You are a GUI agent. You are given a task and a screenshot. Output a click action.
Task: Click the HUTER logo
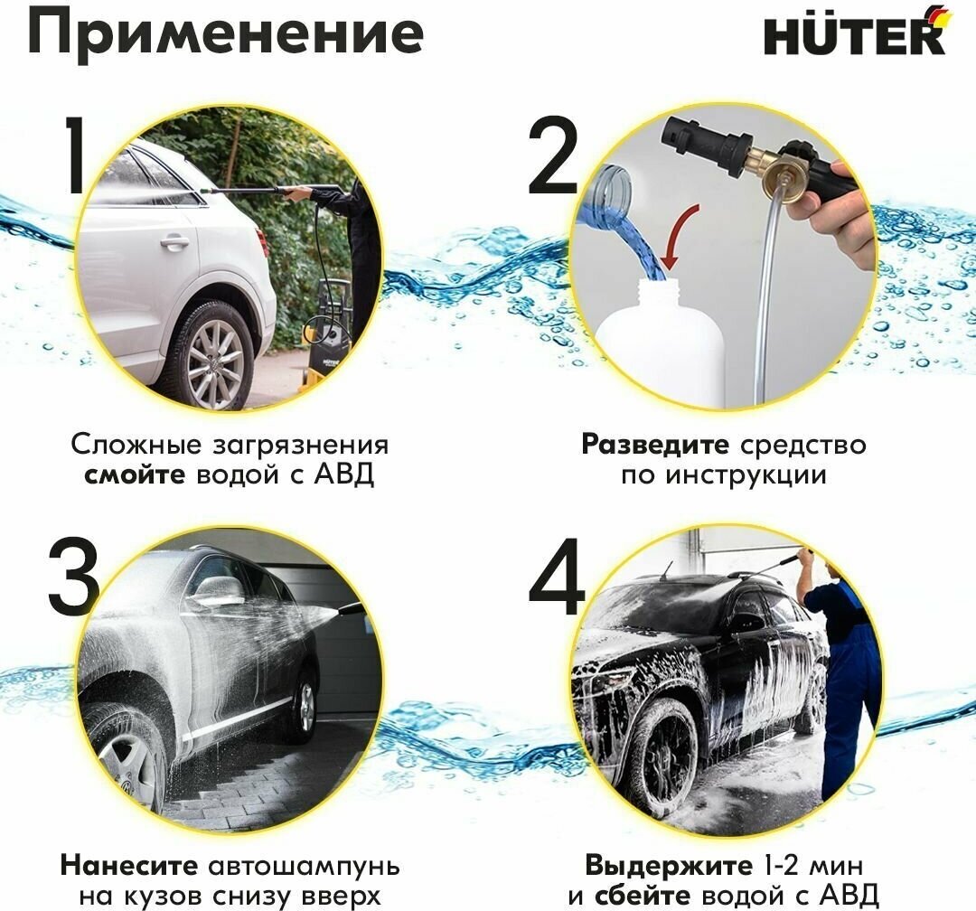(855, 31)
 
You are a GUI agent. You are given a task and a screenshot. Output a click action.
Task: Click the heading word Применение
(226, 33)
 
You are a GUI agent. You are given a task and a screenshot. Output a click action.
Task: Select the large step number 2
(553, 159)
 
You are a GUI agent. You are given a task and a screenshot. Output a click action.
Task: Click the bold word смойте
(135, 475)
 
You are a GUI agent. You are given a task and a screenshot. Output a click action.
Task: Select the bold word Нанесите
(129, 866)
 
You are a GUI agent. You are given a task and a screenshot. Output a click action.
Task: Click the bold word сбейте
(643, 897)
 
